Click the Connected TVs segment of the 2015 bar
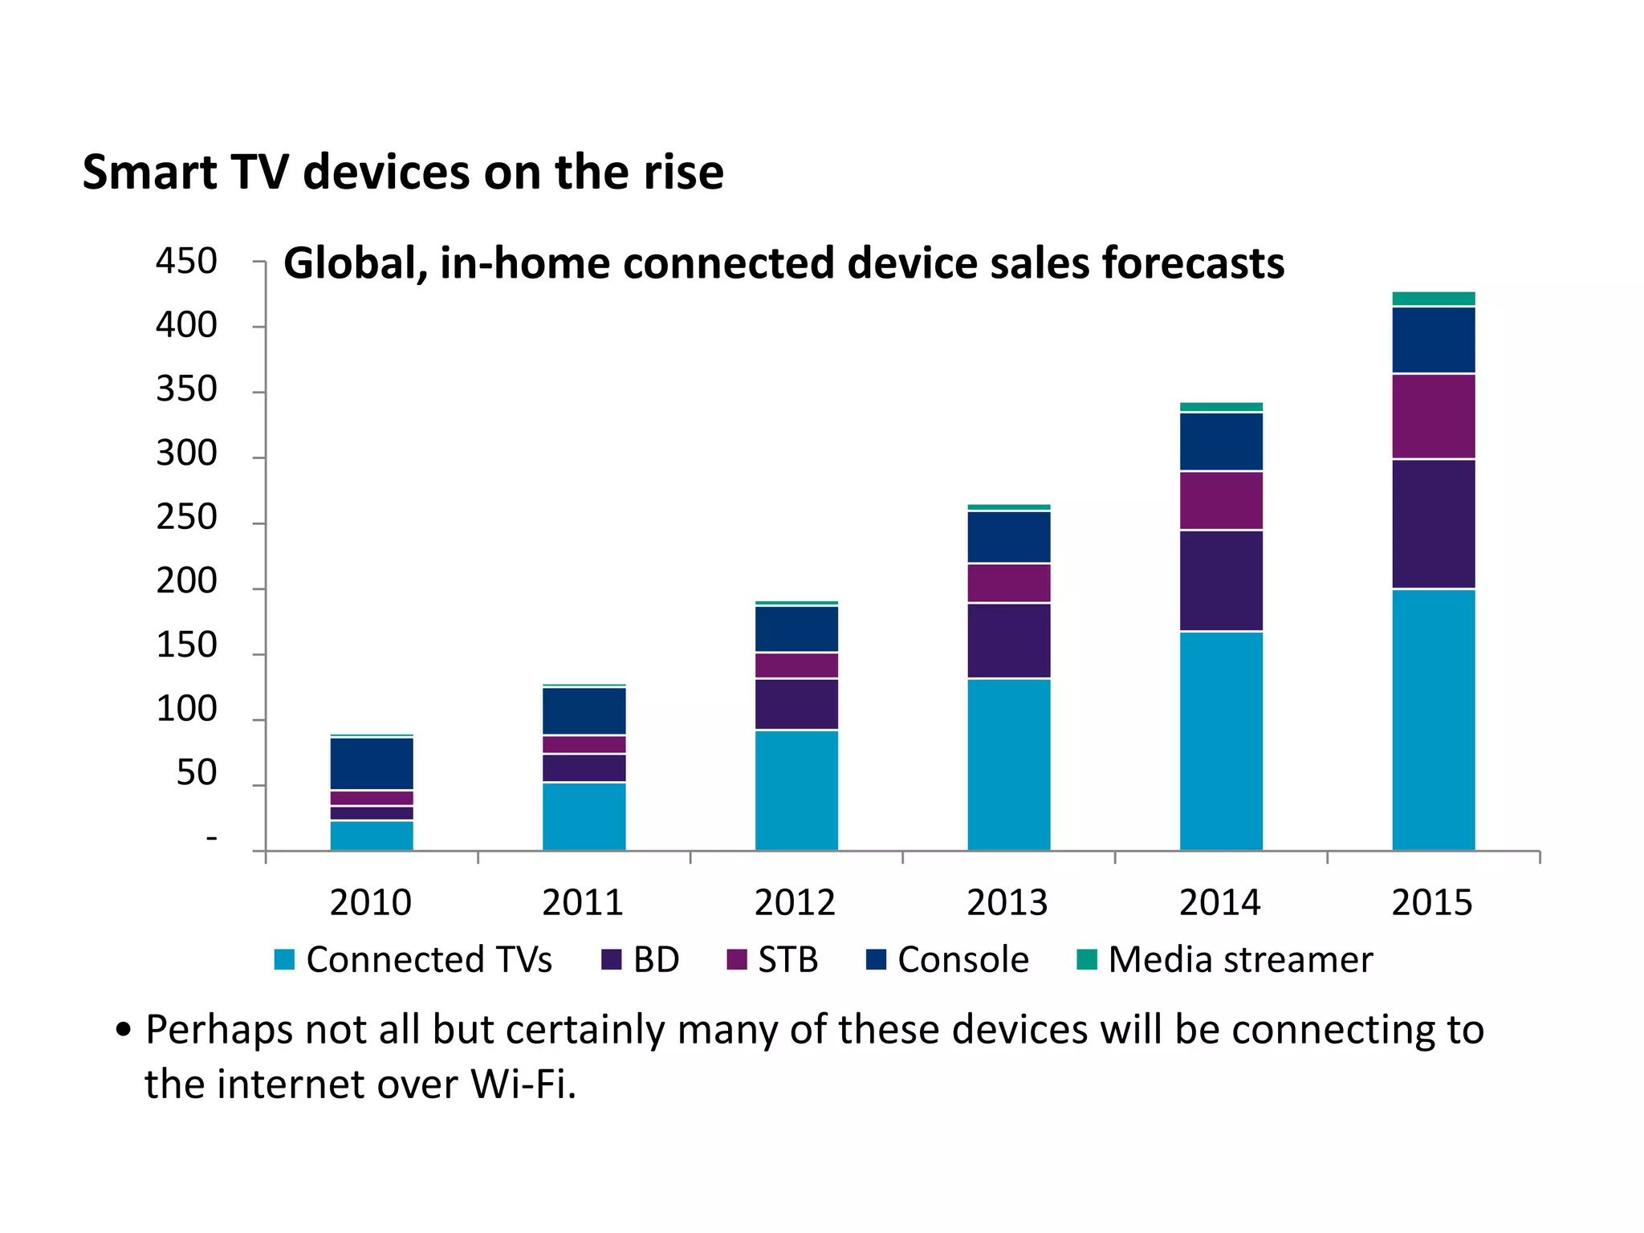[1433, 719]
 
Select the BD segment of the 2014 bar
[1221, 580]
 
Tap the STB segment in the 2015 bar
[1433, 416]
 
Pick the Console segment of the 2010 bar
[372, 763]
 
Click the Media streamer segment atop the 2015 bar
[1433, 299]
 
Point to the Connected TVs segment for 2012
[796, 790]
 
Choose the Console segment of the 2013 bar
[1009, 537]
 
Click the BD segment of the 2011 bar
[584, 767]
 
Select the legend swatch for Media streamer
[1086, 959]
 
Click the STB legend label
[787, 960]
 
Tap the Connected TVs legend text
[429, 960]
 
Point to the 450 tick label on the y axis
[186, 262]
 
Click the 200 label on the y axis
[186, 581]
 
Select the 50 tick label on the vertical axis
[197, 773]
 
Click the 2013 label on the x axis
[1007, 902]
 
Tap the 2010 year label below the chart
[371, 902]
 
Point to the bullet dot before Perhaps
[123, 1030]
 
